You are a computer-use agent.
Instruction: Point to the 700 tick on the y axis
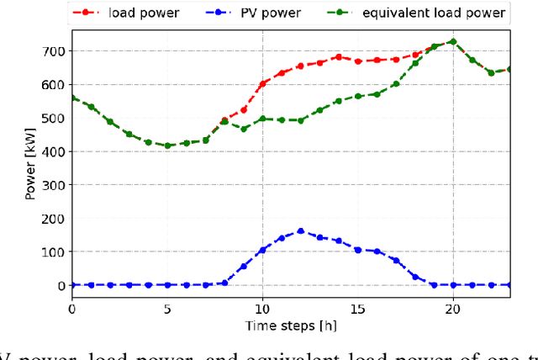tap(52, 51)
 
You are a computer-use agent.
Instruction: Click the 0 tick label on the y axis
tap(61, 286)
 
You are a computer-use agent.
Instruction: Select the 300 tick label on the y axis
tap(52, 185)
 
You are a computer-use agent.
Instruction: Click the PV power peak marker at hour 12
tap(301, 230)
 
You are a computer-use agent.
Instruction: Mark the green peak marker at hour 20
tap(453, 41)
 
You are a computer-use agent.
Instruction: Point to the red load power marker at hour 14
tap(339, 57)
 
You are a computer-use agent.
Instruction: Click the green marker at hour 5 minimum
tap(167, 146)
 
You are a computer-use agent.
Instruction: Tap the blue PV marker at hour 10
tap(262, 250)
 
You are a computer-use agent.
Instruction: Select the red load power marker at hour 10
tap(262, 83)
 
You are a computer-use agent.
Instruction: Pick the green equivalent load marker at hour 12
tap(301, 120)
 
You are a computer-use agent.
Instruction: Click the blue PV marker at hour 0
tap(71, 285)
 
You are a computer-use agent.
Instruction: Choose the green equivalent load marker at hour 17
tap(396, 83)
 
